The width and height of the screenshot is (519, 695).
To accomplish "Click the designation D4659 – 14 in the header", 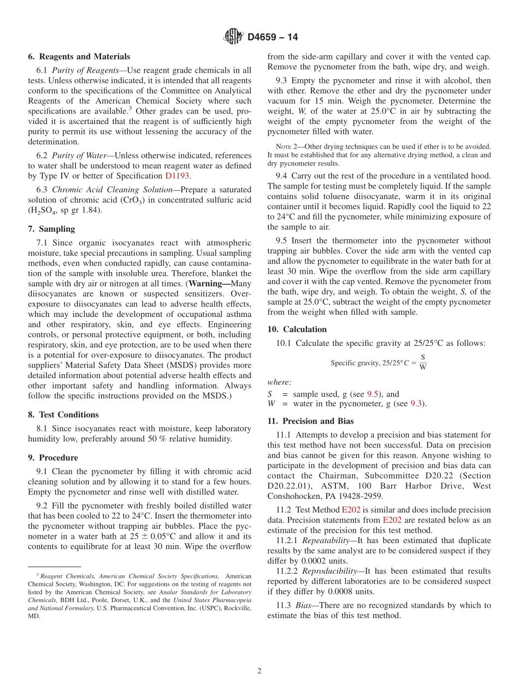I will click(x=273, y=38).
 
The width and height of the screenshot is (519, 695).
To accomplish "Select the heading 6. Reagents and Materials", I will click(x=79, y=57).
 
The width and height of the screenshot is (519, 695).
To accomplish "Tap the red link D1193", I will click(x=178, y=176).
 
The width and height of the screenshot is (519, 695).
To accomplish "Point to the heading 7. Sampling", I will click(x=52, y=229).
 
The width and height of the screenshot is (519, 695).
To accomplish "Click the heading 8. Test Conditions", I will click(x=63, y=415).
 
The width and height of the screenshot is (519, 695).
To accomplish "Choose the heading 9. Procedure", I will click(x=53, y=458).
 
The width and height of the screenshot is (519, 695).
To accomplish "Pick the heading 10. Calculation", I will click(x=297, y=329).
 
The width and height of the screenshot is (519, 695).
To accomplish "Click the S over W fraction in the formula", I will click(x=423, y=362).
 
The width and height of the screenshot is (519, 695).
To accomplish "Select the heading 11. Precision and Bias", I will click(x=310, y=421).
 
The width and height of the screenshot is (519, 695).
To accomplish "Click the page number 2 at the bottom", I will click(x=259, y=672).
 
